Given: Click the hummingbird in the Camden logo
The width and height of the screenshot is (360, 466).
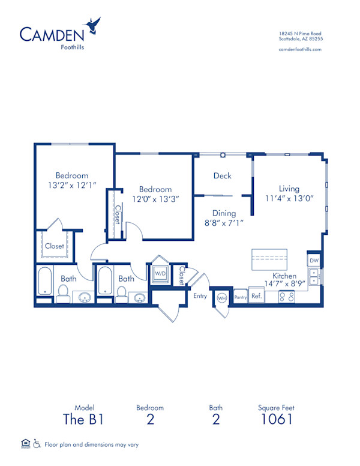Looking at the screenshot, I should (93, 25).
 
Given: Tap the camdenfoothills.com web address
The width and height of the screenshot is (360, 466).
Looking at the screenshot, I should (301, 49).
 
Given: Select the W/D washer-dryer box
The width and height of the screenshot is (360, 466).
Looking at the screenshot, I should (160, 273).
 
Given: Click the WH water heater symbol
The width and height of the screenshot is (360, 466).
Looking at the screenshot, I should (221, 298).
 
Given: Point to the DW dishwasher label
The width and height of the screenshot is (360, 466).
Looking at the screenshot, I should (314, 261).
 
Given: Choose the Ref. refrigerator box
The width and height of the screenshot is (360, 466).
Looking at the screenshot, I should (256, 296).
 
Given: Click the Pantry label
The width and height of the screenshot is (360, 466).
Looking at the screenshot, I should (241, 297).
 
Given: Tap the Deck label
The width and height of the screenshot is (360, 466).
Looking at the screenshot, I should (222, 176).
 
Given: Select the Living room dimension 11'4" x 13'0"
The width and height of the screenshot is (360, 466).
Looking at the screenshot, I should (288, 199).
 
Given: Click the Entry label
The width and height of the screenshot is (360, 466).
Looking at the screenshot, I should (200, 295).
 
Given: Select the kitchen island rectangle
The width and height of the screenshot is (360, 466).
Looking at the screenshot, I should (269, 258).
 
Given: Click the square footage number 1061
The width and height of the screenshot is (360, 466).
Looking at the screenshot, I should (276, 419).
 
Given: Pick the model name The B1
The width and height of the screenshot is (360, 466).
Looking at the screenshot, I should (84, 419).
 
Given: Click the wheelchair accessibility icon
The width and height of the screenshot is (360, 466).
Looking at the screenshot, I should (37, 444).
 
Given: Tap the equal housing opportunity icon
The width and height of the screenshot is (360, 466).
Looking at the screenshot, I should (25, 444).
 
